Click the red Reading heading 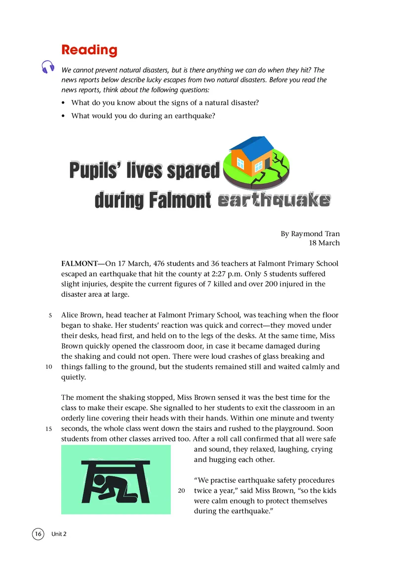click(x=89, y=50)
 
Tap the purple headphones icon click(x=48, y=67)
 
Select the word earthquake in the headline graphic click(x=274, y=201)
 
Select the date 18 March click(x=323, y=243)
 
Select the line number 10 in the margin click(x=48, y=367)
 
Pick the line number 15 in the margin click(x=48, y=429)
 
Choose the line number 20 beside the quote click(x=181, y=491)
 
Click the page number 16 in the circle click(x=38, y=534)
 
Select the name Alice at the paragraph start click(x=71, y=315)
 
